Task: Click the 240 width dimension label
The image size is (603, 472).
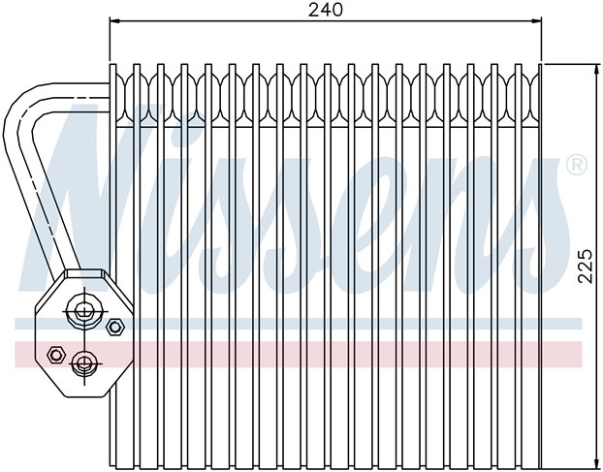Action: (x=326, y=10)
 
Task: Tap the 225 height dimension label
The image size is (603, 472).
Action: (x=585, y=267)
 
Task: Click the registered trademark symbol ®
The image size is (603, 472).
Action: (x=577, y=165)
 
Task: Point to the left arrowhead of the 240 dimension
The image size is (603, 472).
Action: (x=115, y=20)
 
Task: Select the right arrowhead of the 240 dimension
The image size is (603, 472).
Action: (x=536, y=20)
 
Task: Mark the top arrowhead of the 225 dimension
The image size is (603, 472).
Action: (x=597, y=70)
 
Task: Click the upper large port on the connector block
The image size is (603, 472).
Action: (x=83, y=310)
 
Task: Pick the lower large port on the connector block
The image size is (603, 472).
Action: (x=84, y=363)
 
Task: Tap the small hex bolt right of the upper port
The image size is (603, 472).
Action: (x=114, y=327)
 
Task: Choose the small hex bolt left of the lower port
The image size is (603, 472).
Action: (x=55, y=355)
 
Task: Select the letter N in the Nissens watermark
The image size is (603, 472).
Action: (x=77, y=192)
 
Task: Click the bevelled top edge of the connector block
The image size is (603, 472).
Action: (x=84, y=273)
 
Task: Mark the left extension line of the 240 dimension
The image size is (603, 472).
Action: (x=110, y=39)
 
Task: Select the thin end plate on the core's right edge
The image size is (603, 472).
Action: (x=540, y=266)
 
